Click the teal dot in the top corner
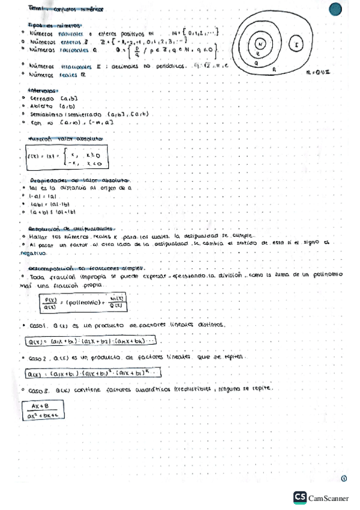pyautogui.click(x=336, y=9)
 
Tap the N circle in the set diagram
pyautogui.click(x=260, y=45)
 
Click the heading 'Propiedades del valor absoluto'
pyautogui.click(x=78, y=180)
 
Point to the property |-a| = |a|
pyautogui.click(x=44, y=195)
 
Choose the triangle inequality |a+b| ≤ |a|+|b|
pyautogui.click(x=54, y=212)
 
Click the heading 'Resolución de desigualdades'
pyautogui.click(x=71, y=229)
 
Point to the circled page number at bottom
pyautogui.click(x=344, y=479)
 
